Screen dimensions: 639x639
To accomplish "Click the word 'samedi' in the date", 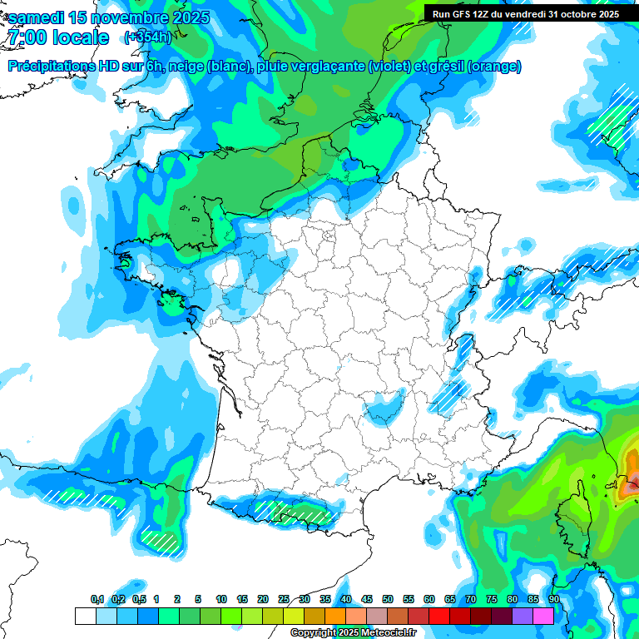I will [37, 18].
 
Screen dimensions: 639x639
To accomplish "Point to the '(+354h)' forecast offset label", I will [147, 37].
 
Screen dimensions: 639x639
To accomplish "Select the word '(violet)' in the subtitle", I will [389, 67].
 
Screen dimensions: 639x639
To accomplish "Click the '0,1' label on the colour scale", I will [97, 599].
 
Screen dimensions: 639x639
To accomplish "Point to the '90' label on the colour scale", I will [553, 599].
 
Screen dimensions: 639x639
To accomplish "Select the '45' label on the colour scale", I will [367, 599].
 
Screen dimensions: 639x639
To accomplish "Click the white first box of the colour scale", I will [85, 616].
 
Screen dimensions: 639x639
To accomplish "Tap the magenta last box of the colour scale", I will [543, 616].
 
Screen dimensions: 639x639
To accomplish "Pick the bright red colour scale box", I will [439, 616].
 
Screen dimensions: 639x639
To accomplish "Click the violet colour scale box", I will [523, 616].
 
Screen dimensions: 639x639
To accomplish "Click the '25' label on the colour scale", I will [284, 599].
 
